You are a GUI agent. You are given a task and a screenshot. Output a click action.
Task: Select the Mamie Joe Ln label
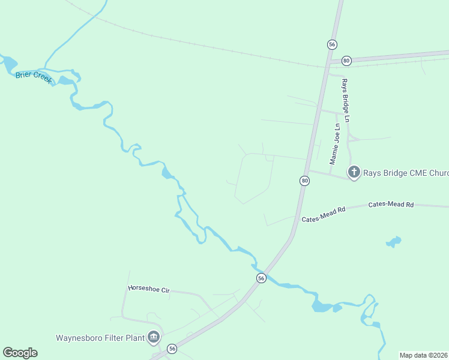pyautogui.click(x=334, y=144)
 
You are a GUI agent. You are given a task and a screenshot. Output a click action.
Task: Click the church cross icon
pyautogui.click(x=354, y=173)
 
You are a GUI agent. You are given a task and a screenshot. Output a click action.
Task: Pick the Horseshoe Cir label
pyautogui.click(x=149, y=289)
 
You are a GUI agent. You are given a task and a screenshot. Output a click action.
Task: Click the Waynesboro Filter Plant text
pyautogui.click(x=100, y=337)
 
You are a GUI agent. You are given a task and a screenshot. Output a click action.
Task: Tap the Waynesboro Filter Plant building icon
pyautogui.click(x=154, y=337)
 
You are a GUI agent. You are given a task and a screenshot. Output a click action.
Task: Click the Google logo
pyautogui.click(x=20, y=353)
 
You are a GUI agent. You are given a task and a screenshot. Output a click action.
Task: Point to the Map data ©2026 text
pyautogui.click(x=423, y=355)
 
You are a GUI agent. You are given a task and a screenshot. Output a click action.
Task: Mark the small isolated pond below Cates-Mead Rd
pyautogui.click(x=393, y=242)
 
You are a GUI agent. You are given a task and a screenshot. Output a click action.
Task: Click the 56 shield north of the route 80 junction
pyautogui.click(x=332, y=44)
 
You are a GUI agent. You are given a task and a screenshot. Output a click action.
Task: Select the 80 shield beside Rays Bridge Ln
pyautogui.click(x=346, y=61)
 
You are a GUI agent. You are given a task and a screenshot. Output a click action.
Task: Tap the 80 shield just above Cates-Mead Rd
pyautogui.click(x=305, y=181)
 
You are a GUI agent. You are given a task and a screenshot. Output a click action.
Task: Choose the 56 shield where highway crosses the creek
pyautogui.click(x=261, y=278)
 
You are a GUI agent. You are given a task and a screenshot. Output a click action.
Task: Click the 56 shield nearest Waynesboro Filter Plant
pyautogui.click(x=172, y=349)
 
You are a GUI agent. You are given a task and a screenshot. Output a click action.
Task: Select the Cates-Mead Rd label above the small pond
pyautogui.click(x=391, y=205)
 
